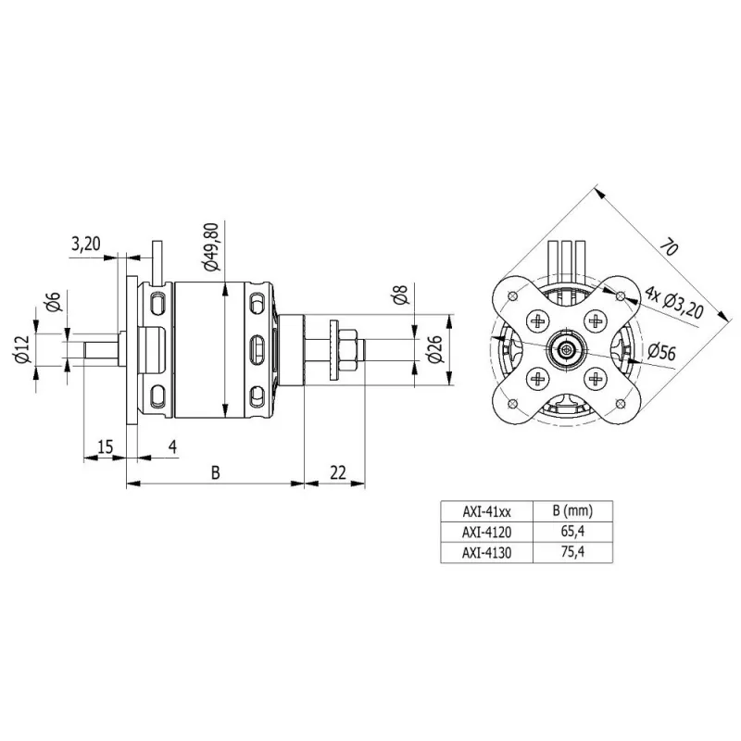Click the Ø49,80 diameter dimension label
212,246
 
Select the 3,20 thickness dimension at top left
86,244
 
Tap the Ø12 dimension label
21,349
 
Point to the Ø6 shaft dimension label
54,302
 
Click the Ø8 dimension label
399,294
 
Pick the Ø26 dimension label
434,349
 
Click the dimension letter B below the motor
216,472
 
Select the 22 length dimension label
338,472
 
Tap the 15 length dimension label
106,446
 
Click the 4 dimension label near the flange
173,446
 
